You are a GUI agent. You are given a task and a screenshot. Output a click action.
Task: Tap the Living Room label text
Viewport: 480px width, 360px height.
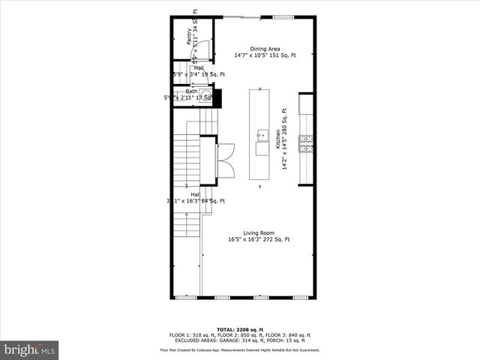click(259, 232)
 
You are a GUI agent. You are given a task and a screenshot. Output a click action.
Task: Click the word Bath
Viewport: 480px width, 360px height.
click(181, 91)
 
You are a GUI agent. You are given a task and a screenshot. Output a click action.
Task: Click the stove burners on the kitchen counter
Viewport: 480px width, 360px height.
click(305, 143)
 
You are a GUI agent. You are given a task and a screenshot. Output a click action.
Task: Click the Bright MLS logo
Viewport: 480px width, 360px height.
click(30, 349)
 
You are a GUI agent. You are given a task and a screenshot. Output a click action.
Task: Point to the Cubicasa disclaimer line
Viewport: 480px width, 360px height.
click(240, 349)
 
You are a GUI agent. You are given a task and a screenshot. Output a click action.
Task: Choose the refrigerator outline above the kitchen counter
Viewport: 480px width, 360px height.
click(305, 103)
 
